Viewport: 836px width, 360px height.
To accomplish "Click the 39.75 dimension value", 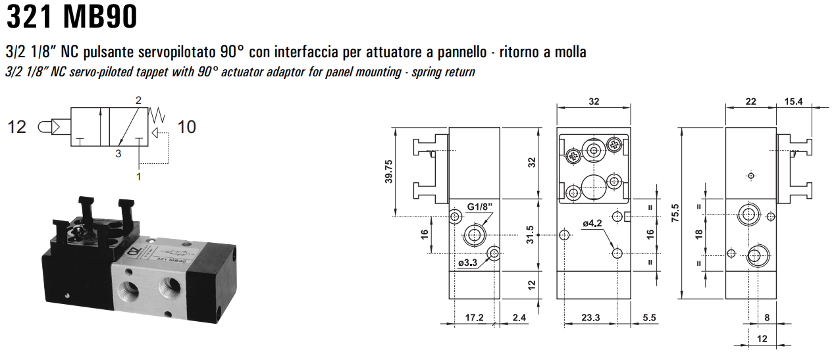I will point(390,172).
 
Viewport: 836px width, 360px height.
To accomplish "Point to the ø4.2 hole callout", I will point(592,224).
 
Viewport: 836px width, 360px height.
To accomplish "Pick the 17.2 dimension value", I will point(474,318).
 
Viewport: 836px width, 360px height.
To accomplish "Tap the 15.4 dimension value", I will point(793,101).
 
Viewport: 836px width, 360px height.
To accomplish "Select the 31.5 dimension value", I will point(539,234).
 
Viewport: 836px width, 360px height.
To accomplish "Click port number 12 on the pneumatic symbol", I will point(17,126).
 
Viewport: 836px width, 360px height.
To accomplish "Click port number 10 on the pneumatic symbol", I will point(187,126).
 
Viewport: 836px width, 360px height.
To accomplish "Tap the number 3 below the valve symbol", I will point(118,155).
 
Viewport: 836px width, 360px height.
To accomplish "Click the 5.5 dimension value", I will point(648,318).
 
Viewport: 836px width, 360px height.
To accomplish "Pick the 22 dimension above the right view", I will point(751,101).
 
